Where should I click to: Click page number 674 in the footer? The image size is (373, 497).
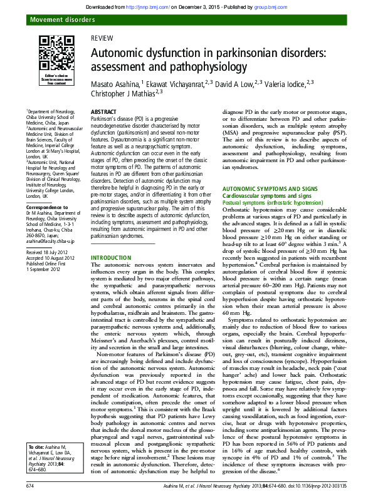point(30,486)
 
